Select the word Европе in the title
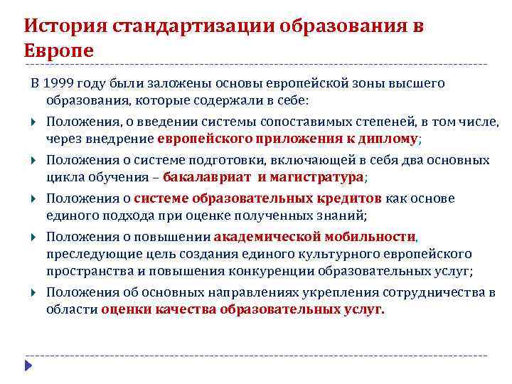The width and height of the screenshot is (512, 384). click(58, 51)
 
